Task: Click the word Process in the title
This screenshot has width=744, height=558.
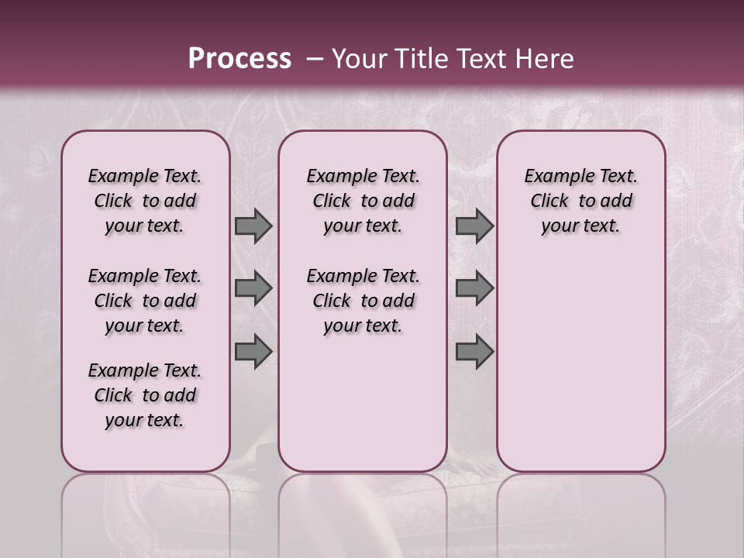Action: (239, 59)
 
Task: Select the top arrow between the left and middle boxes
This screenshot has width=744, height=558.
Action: (253, 226)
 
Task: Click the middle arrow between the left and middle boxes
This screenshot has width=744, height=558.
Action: (253, 289)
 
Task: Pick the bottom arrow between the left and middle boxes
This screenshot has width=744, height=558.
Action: (253, 352)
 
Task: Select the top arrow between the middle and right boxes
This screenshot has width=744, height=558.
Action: (474, 226)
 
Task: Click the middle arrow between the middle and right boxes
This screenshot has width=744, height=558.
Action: (474, 289)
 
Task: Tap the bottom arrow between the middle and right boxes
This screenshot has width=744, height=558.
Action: (474, 352)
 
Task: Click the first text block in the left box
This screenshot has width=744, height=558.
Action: (145, 201)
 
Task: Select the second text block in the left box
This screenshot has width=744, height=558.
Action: (145, 301)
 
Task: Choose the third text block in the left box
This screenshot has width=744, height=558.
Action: (145, 395)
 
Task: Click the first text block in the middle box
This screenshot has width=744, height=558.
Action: (363, 201)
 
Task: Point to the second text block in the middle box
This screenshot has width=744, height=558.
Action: (363, 301)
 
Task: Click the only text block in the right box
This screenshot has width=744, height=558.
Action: (580, 201)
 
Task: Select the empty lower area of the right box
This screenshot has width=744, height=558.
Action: (580, 356)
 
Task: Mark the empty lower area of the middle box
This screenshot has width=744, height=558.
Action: (363, 403)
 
